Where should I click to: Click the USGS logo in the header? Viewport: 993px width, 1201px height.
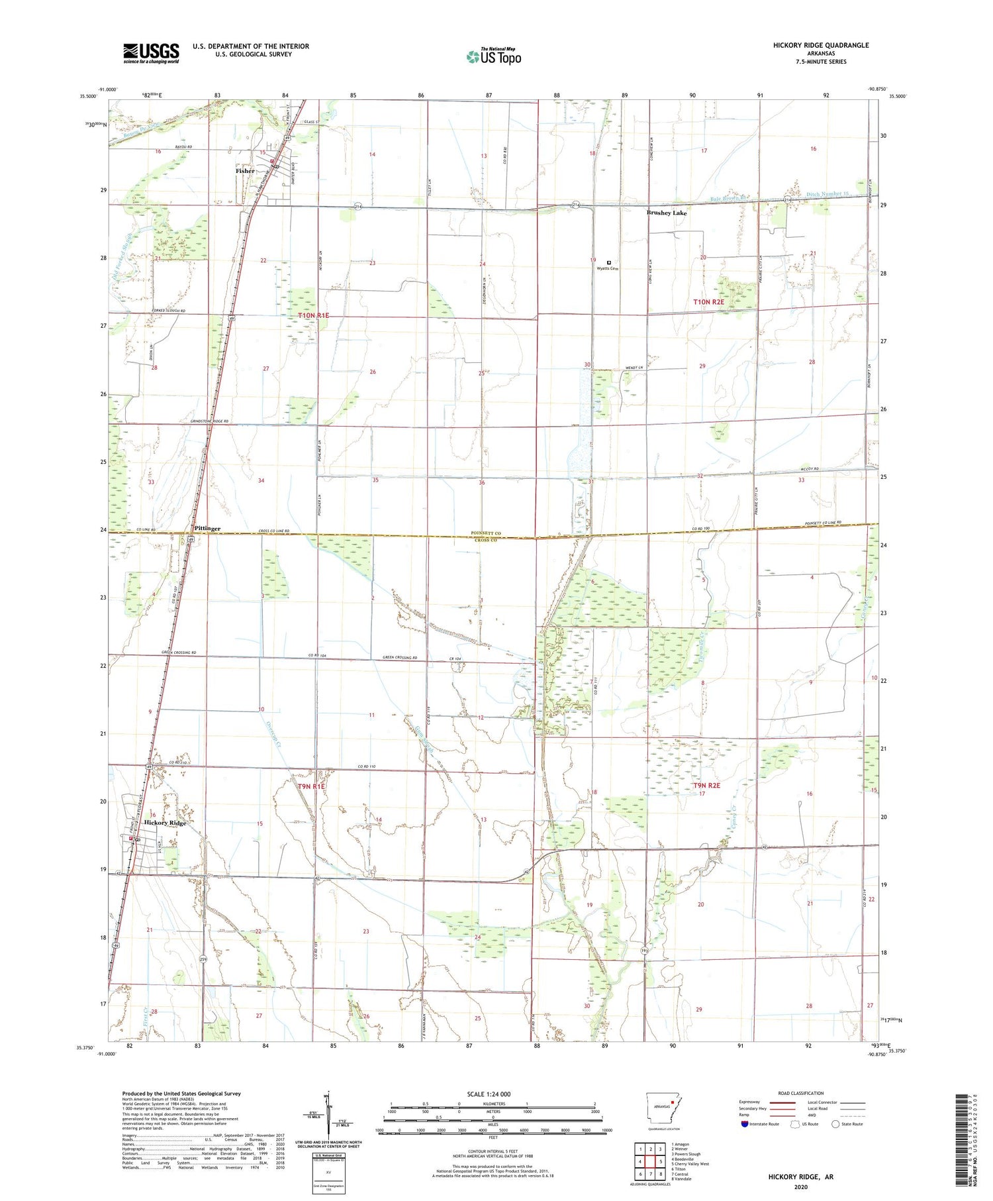pos(151,53)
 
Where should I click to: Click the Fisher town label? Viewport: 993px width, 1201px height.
pos(245,171)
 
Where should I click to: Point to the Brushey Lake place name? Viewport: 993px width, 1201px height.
pos(667,213)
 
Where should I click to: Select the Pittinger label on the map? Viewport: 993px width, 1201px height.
pos(208,529)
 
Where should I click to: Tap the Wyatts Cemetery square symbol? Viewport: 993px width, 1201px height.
pos(609,262)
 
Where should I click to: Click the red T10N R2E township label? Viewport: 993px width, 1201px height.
pos(708,302)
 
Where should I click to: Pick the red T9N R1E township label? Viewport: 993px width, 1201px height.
pos(312,786)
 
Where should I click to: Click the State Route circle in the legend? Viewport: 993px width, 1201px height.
pos(835,1124)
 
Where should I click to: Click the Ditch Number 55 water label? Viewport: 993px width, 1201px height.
pos(827,194)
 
